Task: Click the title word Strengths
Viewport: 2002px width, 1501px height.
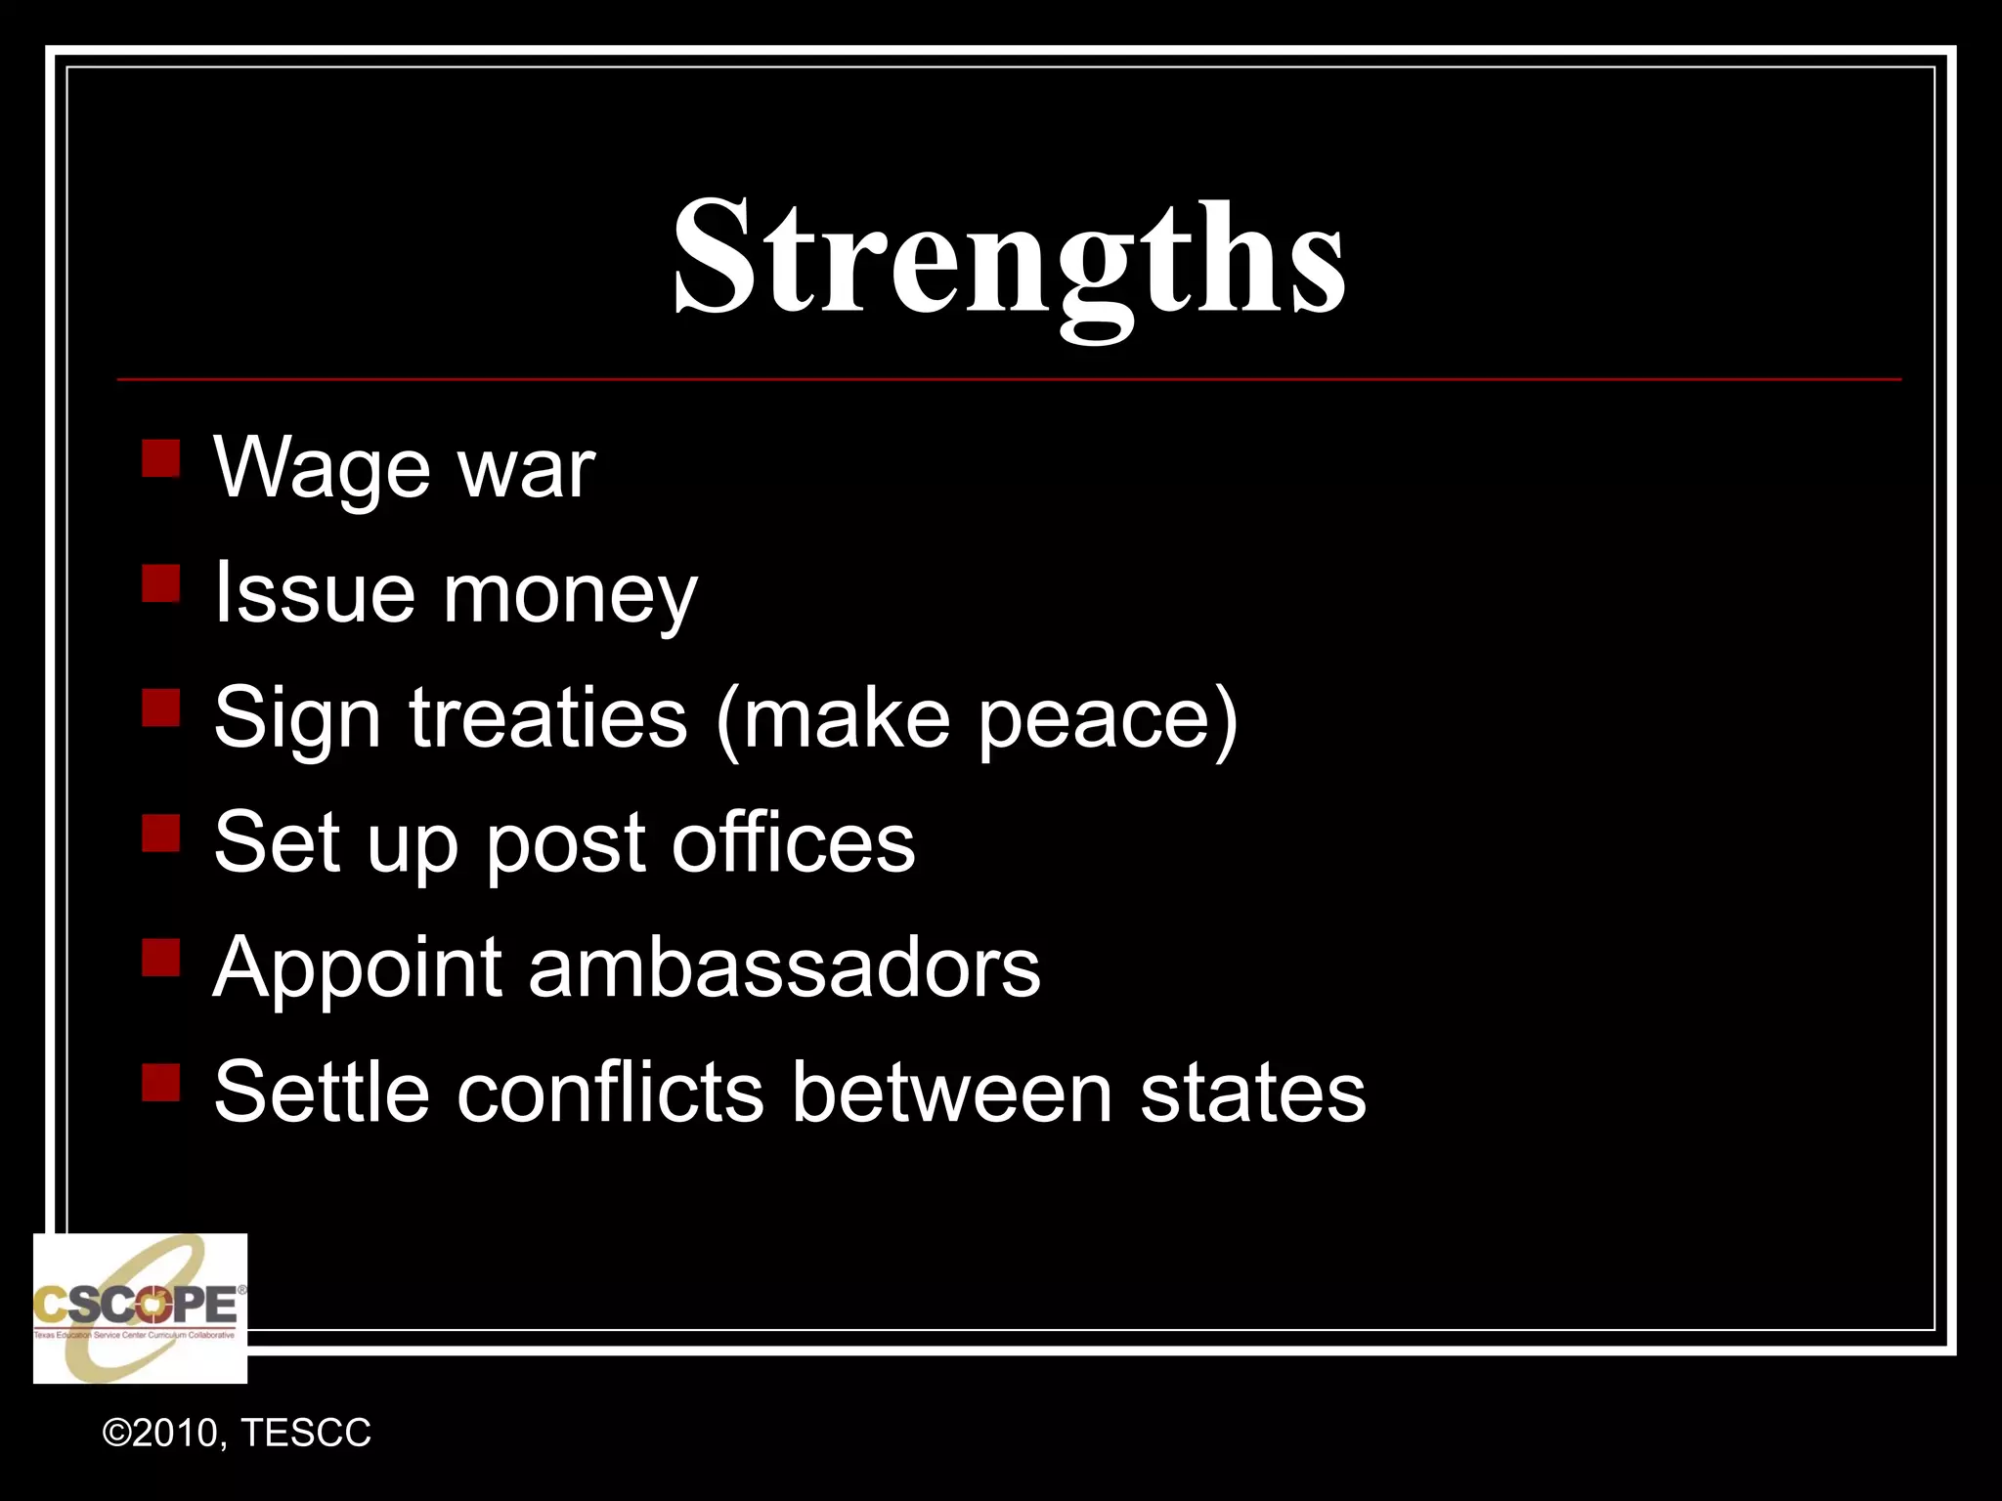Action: coord(1009,259)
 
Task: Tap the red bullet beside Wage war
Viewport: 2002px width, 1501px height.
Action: coord(160,457)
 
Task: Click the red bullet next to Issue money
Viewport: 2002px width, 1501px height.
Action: coord(160,583)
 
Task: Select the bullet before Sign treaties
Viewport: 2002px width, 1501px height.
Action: coord(160,708)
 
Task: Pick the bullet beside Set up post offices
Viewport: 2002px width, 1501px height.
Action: coord(160,834)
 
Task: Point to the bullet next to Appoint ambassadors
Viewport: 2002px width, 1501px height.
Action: coord(160,958)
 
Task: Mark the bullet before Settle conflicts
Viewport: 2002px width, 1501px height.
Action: coord(160,1083)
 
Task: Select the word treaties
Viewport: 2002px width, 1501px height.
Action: coord(547,718)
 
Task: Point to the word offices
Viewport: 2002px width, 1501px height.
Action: coord(793,842)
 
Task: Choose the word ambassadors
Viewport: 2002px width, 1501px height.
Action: coord(784,967)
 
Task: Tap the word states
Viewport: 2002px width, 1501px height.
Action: coord(1253,1093)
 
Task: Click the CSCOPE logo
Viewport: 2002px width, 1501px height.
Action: coord(140,1308)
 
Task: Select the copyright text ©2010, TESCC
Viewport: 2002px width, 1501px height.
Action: coord(237,1433)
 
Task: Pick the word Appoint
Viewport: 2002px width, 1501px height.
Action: coord(358,969)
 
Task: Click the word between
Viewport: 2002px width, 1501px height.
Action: coord(952,1093)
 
